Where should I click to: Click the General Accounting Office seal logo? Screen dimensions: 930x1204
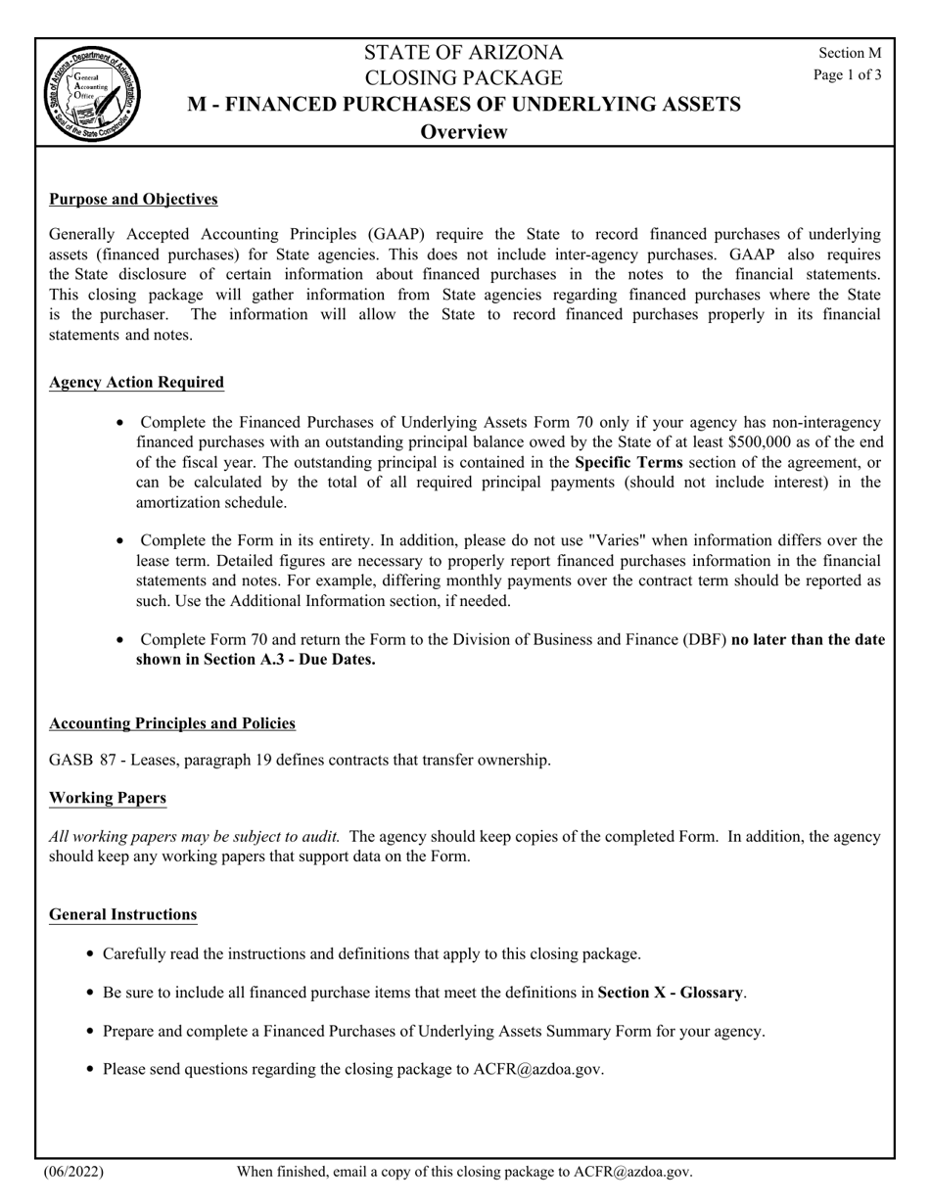click(x=92, y=94)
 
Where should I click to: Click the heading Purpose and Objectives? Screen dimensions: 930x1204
click(x=133, y=200)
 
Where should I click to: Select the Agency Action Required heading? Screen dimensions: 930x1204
click(x=136, y=383)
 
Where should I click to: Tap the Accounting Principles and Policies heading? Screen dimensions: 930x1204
click(x=172, y=723)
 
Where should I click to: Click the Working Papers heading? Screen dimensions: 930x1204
click(x=108, y=798)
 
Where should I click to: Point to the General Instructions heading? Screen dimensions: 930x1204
click(x=123, y=914)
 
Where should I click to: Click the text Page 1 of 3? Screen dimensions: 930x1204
click(x=847, y=74)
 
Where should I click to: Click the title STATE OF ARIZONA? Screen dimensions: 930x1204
click(x=464, y=53)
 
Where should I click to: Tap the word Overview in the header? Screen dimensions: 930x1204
click(x=464, y=132)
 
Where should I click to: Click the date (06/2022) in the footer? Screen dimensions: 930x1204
click(x=73, y=1172)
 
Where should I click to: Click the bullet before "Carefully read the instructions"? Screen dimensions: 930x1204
click(x=91, y=954)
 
